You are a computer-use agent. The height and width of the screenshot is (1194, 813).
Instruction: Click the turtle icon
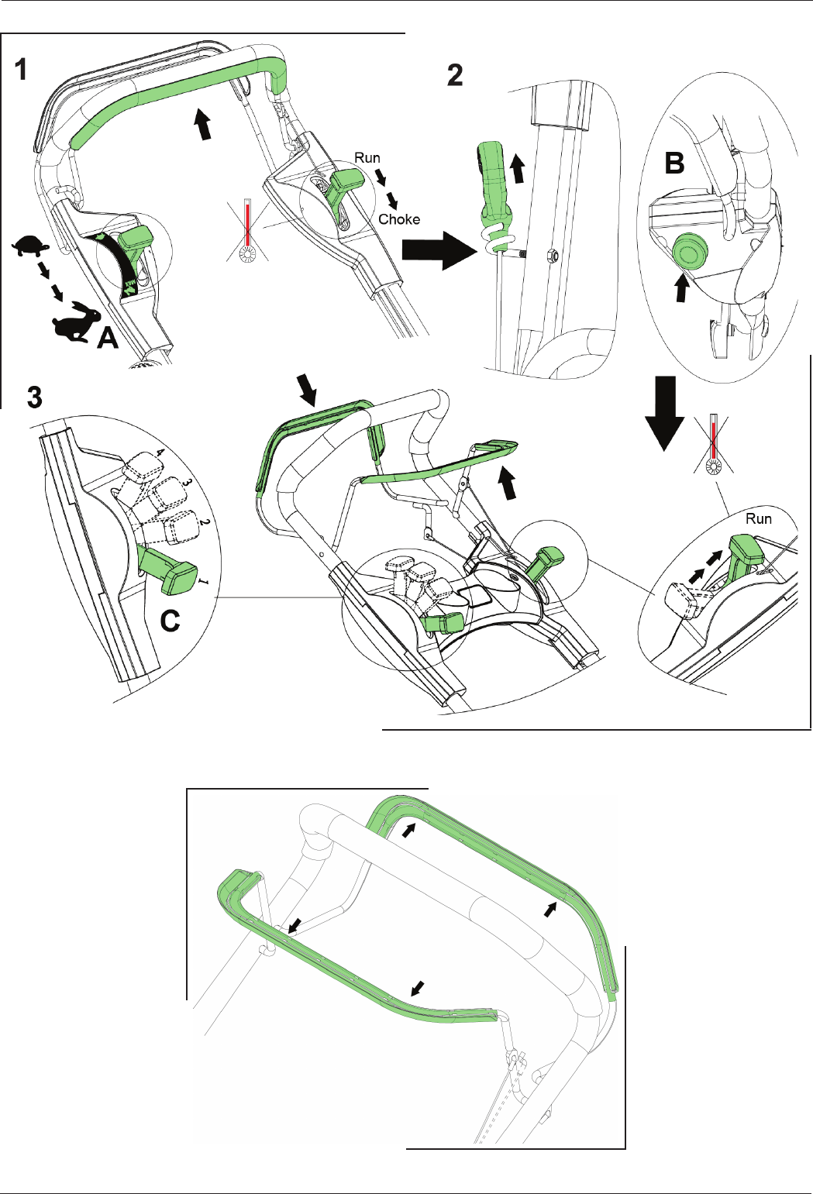pos(30,247)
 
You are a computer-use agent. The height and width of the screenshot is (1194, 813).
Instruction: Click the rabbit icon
pos(76,322)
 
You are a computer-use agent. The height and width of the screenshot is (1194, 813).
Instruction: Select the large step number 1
pos(21,70)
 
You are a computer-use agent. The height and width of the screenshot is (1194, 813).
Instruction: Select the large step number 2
pos(455,75)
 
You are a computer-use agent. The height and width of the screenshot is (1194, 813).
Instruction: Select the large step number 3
pos(35,397)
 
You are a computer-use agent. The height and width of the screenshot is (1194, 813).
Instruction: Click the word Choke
pos(399,219)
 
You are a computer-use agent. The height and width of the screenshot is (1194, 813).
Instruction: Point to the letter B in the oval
pos(674,163)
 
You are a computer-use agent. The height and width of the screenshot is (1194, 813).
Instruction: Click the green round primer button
pos(691,252)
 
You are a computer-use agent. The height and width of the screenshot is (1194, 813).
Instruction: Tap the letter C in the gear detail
pos(170,621)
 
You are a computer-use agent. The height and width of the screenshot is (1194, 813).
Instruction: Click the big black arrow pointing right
pos(439,250)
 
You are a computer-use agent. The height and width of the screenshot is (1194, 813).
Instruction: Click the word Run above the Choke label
pos(367,158)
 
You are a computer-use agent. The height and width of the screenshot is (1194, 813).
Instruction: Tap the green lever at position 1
pos(168,570)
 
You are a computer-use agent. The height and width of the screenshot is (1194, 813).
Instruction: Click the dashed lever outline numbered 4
pos(142,466)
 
